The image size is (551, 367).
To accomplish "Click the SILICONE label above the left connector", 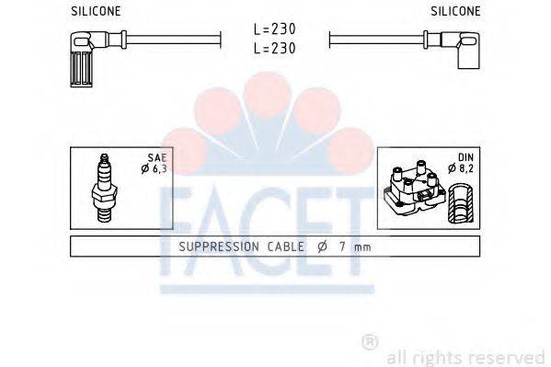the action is click(x=97, y=11).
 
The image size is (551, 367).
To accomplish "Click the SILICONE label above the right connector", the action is click(x=454, y=11).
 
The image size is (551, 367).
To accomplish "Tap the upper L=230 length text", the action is click(x=275, y=30).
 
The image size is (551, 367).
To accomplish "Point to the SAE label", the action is click(x=162, y=158).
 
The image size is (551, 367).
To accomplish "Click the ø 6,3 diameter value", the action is click(x=156, y=169).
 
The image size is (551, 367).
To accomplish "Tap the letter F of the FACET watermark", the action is click(x=179, y=235).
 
